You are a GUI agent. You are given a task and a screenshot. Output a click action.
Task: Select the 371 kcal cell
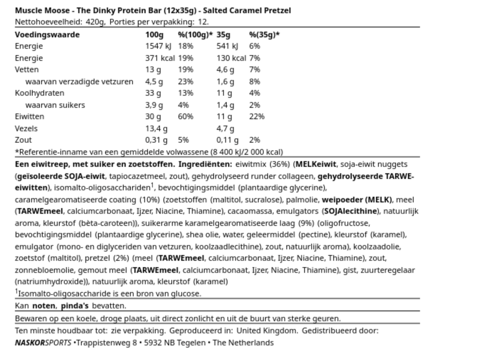coord(160,58)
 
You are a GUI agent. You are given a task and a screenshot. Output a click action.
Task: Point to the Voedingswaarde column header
coord(47,34)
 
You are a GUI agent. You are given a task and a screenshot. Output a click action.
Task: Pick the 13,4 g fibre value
coord(156,128)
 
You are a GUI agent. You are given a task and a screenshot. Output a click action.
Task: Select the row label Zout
coord(23,140)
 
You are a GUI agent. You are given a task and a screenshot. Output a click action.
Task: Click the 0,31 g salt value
coord(156,140)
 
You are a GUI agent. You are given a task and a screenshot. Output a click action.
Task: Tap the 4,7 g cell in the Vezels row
coord(226,128)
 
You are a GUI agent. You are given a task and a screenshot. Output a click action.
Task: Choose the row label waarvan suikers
coord(55,105)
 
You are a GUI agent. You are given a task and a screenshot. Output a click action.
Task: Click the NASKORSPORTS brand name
coord(43,343)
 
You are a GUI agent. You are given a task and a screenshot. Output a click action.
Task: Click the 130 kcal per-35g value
coord(231,58)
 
